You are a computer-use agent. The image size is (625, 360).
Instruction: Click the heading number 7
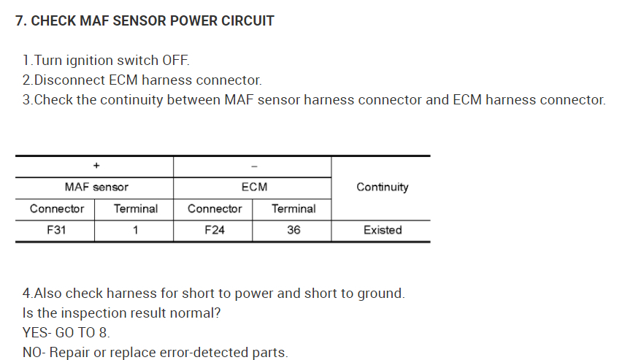pyautogui.click(x=20, y=20)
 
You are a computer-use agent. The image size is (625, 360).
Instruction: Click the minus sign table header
pyautogui.click(x=253, y=166)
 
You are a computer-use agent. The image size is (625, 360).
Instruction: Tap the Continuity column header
pyautogui.click(x=382, y=187)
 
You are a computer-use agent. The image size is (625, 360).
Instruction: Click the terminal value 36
pyautogui.click(x=294, y=230)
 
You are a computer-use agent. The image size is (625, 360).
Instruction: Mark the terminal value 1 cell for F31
pyautogui.click(x=135, y=230)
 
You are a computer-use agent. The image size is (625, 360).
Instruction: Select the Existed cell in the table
pyautogui.click(x=383, y=230)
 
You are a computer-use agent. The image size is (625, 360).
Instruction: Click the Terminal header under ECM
pyautogui.click(x=294, y=209)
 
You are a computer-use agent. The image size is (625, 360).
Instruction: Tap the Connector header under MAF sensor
pyautogui.click(x=56, y=209)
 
